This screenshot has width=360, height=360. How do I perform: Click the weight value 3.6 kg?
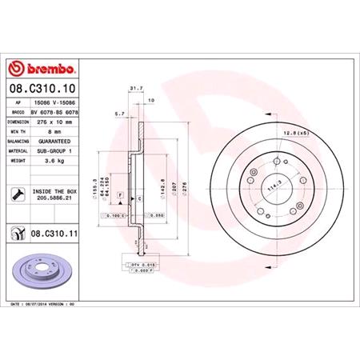click(51, 161)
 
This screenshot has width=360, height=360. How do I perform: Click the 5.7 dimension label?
click(119, 113)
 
